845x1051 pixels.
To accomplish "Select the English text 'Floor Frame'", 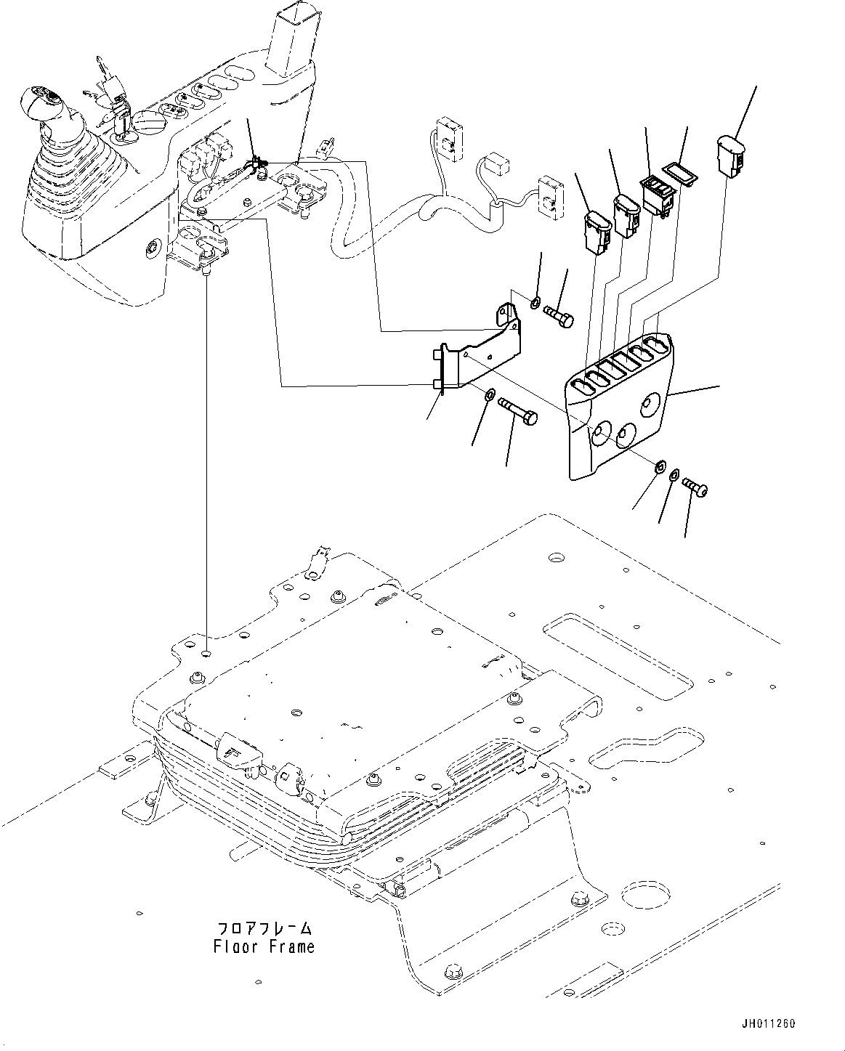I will click(x=264, y=947).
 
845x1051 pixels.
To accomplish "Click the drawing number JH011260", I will click(x=769, y=1023).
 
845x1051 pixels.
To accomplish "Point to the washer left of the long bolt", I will click(x=490, y=394).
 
